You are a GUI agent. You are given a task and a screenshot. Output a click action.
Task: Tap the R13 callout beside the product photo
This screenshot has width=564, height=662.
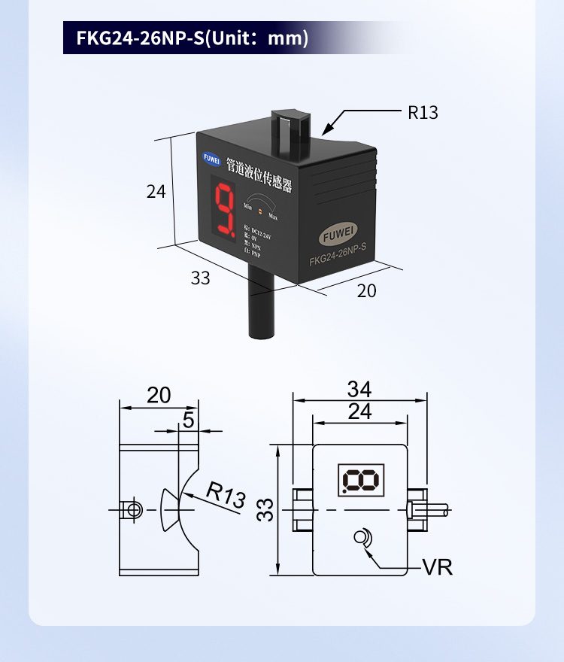coord(423,113)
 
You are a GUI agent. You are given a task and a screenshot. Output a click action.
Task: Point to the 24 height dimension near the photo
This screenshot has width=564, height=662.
coord(156,192)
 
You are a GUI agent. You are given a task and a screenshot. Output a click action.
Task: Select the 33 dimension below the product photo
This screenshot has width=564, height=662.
coord(200,278)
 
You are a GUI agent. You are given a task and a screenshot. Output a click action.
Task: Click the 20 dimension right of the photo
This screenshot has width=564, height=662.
coord(366,290)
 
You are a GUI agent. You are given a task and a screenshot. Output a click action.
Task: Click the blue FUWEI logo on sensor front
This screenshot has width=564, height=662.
coord(209,159)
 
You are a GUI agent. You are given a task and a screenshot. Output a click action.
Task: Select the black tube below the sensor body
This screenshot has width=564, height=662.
coord(260,312)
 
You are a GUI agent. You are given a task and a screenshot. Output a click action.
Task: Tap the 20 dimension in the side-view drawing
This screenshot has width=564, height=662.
coord(159,395)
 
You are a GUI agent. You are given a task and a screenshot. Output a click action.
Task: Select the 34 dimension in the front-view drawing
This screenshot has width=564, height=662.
coord(359,390)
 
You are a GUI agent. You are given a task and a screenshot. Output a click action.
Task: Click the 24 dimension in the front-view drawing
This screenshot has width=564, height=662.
coord(360,411)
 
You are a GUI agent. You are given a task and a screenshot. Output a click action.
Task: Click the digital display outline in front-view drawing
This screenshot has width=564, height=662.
coord(362,479)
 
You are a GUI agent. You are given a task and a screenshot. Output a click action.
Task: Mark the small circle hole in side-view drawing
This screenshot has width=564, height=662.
coord(134,510)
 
